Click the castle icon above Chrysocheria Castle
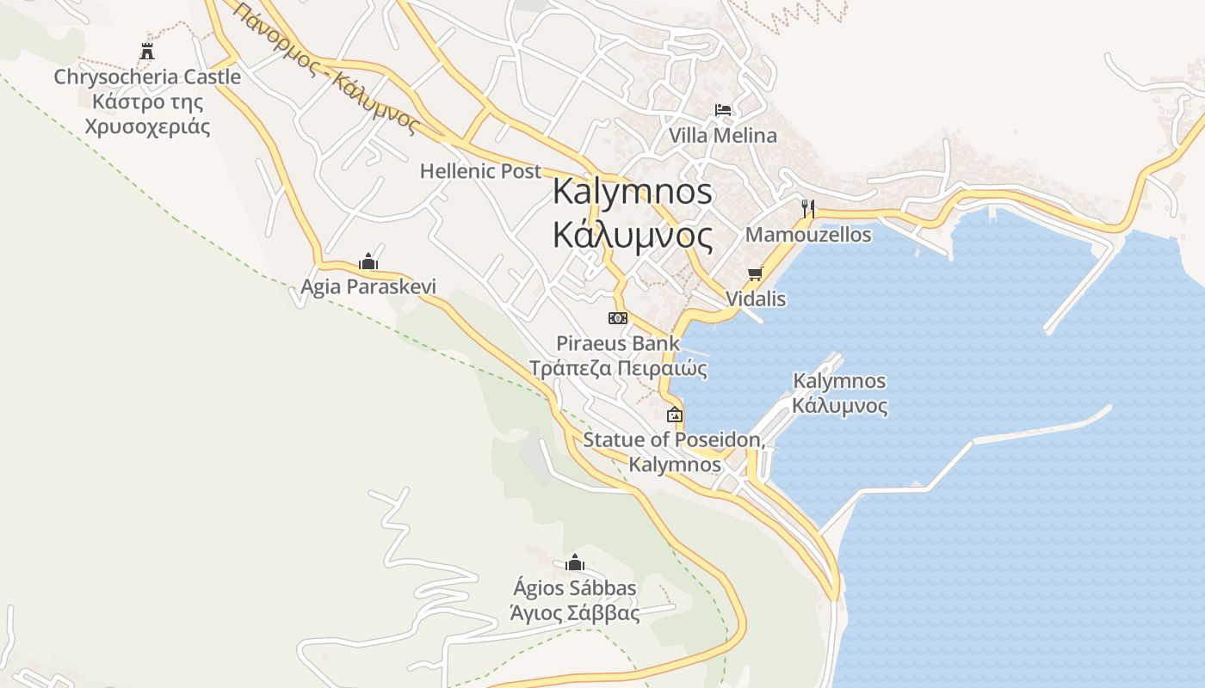147,52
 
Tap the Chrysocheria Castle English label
147,77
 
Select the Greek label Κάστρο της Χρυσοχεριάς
147,114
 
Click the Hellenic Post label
480,171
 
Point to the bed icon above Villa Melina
723,110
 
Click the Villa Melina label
723,135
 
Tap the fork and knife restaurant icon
807,208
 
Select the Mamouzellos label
808,234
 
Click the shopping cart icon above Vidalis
756,273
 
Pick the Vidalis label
756,298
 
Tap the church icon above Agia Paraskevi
368,261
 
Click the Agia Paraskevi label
368,286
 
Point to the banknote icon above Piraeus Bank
618,318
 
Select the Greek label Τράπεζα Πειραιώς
618,369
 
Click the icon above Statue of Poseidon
675,415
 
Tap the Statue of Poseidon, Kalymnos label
674,452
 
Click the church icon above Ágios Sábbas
575,563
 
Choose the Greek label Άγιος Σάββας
575,614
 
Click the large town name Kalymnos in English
633,191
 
